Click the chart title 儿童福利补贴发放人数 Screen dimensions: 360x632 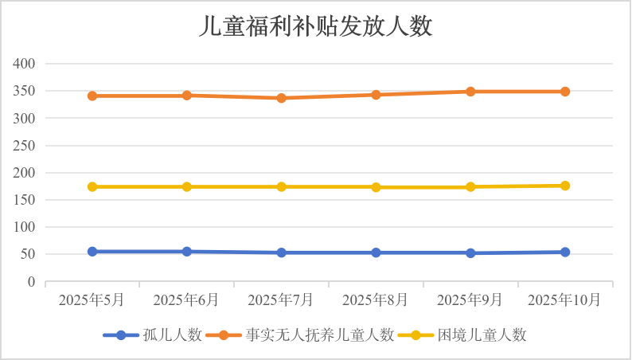coord(315,27)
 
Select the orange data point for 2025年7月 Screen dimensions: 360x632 coord(281,98)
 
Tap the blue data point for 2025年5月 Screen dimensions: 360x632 coord(92,252)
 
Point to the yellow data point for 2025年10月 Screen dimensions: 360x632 coord(565,186)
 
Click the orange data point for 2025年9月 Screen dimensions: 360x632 coord(470,92)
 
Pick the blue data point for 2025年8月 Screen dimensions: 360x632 coord(376,252)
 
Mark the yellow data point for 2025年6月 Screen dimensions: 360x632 coord(187,186)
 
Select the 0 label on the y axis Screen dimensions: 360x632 coord(32,282)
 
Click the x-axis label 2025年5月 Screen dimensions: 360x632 coord(92,300)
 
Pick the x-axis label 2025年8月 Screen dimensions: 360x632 coord(376,300)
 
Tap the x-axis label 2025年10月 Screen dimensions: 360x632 coord(565,300)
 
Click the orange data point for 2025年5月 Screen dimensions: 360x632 coord(92,96)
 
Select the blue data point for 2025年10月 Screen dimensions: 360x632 coord(565,252)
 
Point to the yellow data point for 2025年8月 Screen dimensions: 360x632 coord(376,187)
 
